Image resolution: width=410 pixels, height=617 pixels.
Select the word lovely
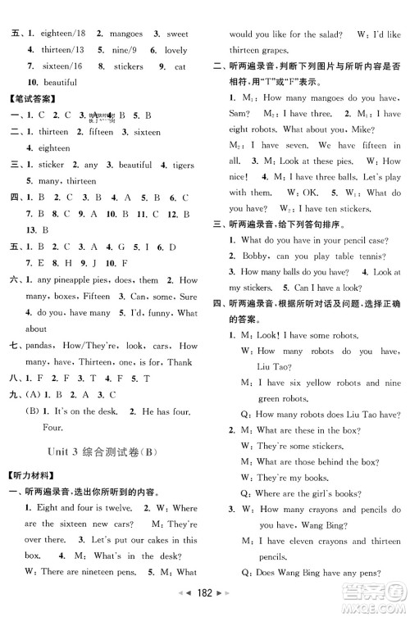pos(175,50)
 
